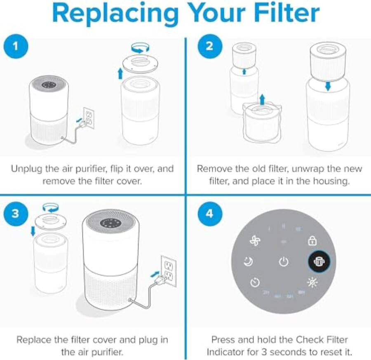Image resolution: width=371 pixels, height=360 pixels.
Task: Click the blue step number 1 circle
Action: (x=16, y=46)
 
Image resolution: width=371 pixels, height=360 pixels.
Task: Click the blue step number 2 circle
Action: (x=209, y=46)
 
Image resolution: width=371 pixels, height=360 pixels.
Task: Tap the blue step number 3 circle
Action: (x=16, y=214)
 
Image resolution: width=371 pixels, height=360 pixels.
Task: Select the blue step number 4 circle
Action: (x=209, y=214)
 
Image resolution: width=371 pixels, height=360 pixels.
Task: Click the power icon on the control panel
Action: (x=283, y=261)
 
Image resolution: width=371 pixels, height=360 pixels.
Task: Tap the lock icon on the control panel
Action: (x=312, y=240)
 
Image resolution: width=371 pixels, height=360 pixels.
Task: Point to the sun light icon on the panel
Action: (x=312, y=282)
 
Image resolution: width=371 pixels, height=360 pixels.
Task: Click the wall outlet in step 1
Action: (x=89, y=118)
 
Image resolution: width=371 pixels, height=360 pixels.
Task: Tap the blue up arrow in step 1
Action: (x=120, y=74)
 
